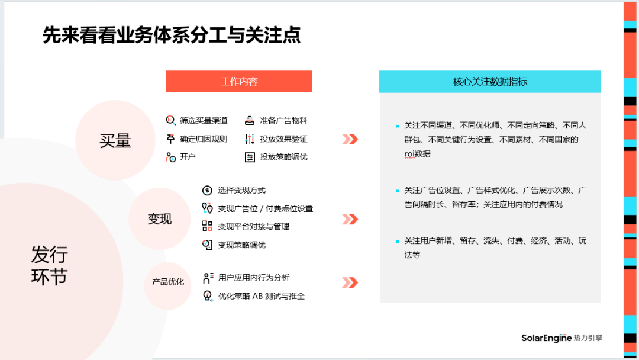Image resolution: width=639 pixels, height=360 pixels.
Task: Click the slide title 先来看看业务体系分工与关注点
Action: (x=172, y=35)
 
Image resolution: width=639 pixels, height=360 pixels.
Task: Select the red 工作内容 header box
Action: (x=239, y=82)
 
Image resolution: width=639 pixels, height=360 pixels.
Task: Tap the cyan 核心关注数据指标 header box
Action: (x=489, y=82)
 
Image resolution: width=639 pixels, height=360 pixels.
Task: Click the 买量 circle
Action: (x=115, y=140)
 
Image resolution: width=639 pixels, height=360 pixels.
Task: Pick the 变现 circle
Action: (x=160, y=219)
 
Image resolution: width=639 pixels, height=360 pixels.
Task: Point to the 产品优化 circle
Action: (x=167, y=282)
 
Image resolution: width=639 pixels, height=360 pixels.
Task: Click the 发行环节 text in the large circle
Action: (x=50, y=266)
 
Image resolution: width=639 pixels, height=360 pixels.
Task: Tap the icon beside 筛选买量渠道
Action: (x=170, y=120)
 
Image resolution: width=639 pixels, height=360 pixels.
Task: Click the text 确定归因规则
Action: (x=204, y=139)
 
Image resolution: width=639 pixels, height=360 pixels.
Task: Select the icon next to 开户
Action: (x=170, y=157)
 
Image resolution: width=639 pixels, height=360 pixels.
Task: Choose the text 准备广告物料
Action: (x=283, y=120)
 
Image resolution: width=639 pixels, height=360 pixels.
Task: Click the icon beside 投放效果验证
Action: (x=250, y=139)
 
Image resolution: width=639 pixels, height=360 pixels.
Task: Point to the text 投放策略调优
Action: (x=283, y=157)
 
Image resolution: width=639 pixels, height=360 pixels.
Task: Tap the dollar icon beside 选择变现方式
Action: (x=206, y=190)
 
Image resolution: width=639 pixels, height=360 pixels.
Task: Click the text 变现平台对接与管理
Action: (x=253, y=226)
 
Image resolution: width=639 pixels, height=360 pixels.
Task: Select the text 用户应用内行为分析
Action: (x=254, y=277)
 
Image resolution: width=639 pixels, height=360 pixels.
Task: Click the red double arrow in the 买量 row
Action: (x=350, y=139)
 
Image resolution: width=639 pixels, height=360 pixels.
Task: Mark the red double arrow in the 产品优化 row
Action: (x=350, y=282)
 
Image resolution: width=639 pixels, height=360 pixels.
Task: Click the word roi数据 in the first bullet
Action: (x=418, y=153)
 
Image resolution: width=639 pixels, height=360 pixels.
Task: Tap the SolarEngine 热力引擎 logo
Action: (x=561, y=337)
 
